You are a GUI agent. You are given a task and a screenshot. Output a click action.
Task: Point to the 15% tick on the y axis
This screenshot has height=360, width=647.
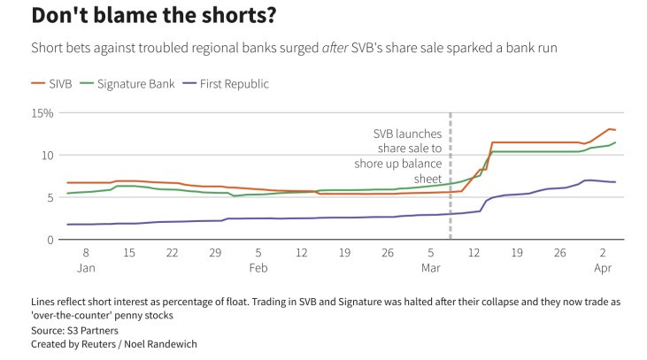(42, 113)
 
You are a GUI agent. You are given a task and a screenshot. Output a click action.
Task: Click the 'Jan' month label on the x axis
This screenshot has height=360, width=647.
(87, 267)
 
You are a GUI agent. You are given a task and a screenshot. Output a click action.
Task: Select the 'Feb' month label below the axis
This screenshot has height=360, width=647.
(258, 267)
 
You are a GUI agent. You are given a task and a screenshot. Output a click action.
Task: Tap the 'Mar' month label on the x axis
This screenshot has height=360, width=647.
(431, 267)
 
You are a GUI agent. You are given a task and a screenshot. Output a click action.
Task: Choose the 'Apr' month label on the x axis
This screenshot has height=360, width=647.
(604, 267)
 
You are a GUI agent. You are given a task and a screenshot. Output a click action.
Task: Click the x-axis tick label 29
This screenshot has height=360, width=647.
(215, 253)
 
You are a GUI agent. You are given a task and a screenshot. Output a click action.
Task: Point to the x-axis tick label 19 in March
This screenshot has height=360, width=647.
(517, 253)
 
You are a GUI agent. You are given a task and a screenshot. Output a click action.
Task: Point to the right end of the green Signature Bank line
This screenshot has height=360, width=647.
(616, 142)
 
